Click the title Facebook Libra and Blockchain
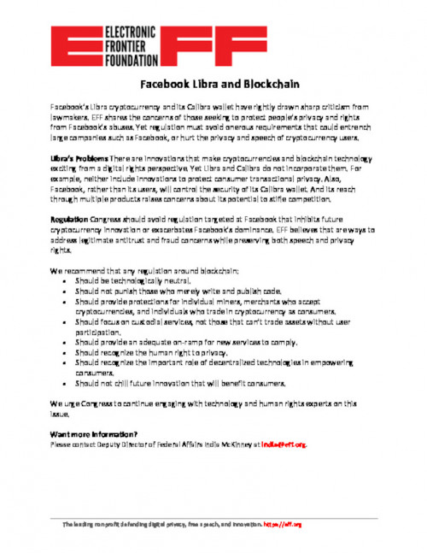[x=213, y=85]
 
